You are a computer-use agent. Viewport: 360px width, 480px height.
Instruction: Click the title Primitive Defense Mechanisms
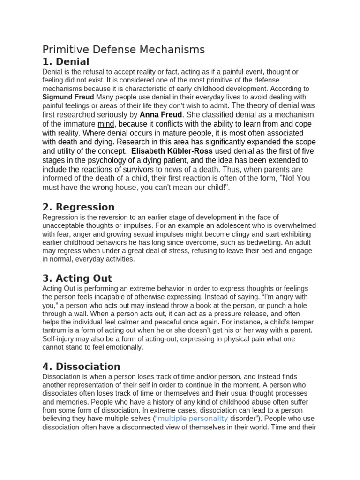coord(124,50)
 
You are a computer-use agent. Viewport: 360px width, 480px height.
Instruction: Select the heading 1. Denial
coord(66,62)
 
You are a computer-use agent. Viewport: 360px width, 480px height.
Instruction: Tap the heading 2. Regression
coord(78,207)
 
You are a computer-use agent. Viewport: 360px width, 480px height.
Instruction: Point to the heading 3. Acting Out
coord(77,278)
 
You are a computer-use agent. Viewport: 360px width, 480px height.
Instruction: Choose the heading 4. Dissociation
coord(81,367)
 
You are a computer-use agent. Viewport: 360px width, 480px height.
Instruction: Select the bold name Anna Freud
coord(161,115)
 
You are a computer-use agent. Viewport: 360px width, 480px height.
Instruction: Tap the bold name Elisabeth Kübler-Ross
coord(172,151)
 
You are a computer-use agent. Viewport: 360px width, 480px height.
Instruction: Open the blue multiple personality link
coord(193,419)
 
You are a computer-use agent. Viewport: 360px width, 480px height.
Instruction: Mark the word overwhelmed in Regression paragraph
coord(295,225)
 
